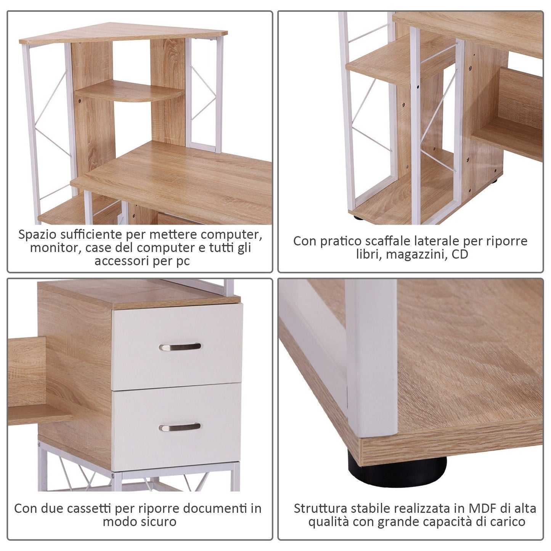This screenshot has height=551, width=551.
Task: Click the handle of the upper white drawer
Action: point(180,347)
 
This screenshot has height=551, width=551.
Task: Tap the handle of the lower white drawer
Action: point(180,427)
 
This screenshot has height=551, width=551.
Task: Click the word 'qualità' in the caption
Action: point(329,522)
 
